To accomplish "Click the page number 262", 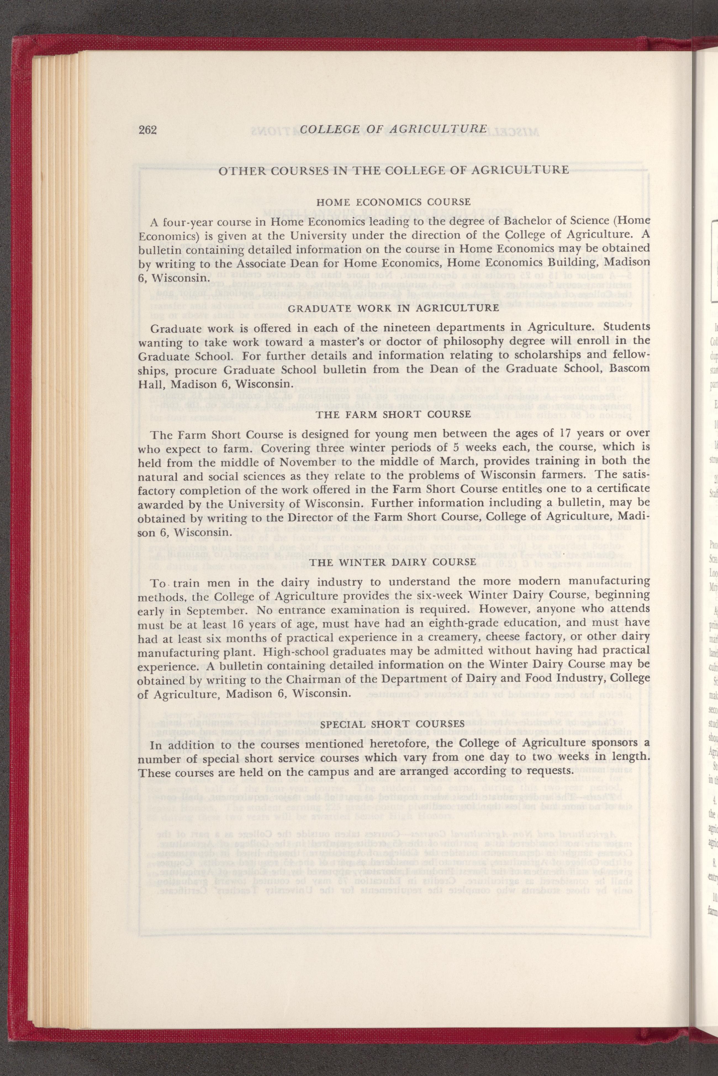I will click(148, 130).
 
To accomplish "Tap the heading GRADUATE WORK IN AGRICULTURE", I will click(393, 308).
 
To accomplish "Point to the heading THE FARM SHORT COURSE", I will click(393, 414).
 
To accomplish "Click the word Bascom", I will click(626, 369).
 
